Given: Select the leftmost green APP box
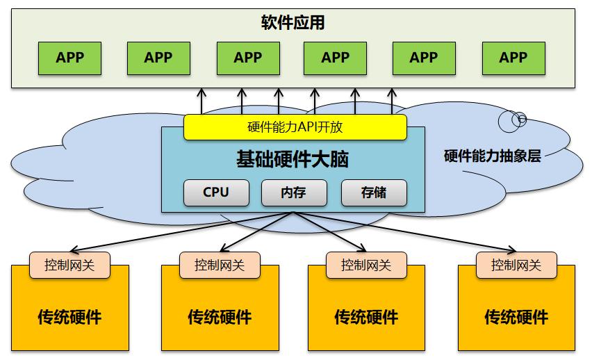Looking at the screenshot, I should [69, 58].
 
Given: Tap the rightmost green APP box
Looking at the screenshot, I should [513, 58].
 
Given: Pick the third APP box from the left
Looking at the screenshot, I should [247, 58].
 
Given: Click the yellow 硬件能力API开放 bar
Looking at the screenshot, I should [295, 127].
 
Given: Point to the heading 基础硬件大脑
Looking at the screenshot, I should [293, 161].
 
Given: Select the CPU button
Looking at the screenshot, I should [215, 193].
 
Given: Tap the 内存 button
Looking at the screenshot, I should [293, 193].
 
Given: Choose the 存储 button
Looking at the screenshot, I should [373, 193].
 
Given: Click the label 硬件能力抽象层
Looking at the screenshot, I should [492, 156].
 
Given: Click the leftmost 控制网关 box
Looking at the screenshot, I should [69, 265].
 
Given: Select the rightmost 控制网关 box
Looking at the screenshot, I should [516, 265].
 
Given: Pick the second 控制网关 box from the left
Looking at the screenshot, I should [219, 265].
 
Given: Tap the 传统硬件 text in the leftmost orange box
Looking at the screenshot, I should [69, 318].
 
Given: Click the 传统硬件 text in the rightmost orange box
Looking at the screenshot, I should [516, 318].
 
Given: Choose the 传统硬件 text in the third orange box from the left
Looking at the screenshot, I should [366, 318].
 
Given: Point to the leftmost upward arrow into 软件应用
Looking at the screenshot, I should [202, 93].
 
